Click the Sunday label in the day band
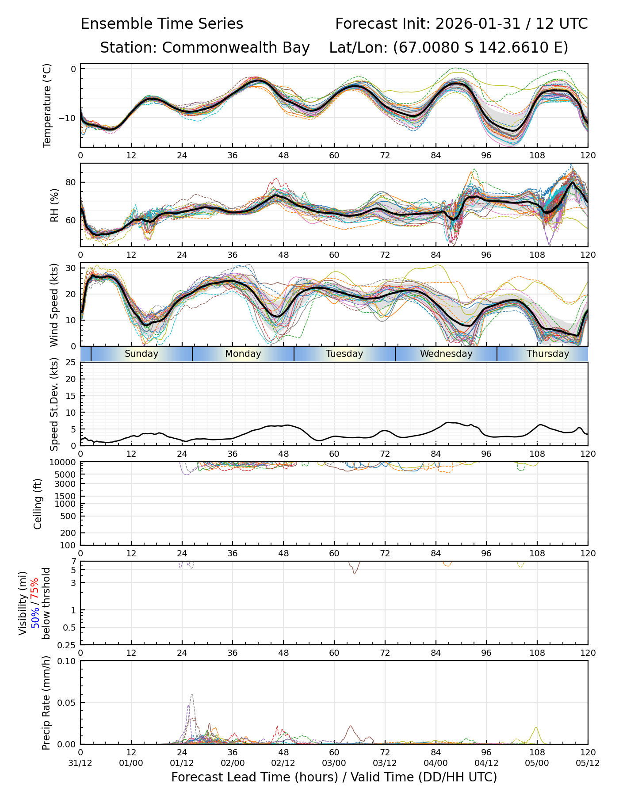[141, 354]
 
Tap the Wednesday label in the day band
[446, 354]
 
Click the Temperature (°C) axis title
[47, 105]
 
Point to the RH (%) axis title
[54, 205]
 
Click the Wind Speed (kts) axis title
[54, 305]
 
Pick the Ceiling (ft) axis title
[38, 504]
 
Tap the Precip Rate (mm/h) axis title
[46, 703]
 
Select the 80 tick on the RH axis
[71, 182]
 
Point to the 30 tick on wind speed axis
[71, 268]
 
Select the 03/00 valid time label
[334, 763]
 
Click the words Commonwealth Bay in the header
[236, 48]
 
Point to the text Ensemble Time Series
[162, 24]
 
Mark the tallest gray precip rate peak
[192, 695]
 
